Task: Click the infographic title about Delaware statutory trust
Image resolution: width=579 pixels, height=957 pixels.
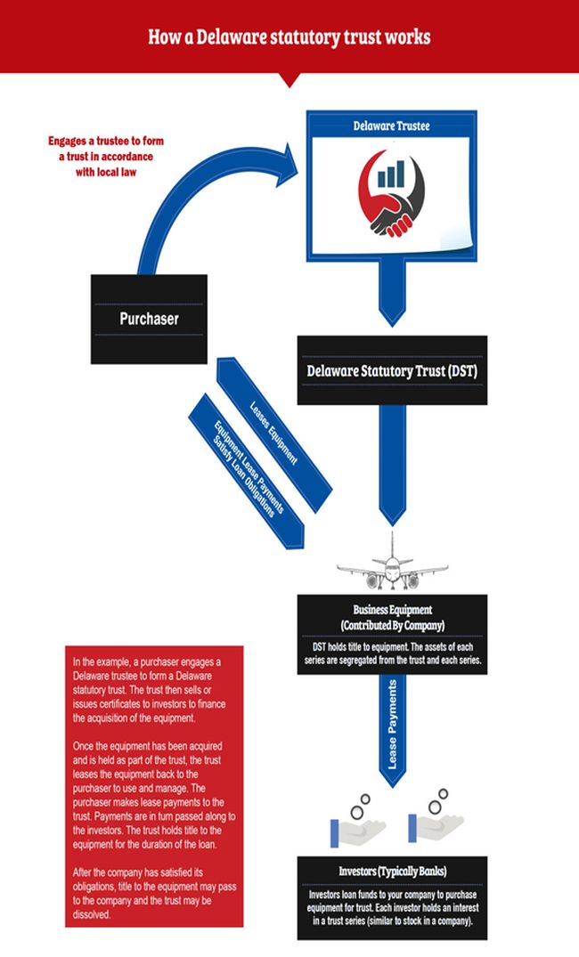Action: pyautogui.click(x=289, y=36)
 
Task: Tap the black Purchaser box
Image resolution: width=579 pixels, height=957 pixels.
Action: pyautogui.click(x=149, y=318)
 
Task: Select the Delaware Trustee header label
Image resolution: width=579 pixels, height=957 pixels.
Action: pyautogui.click(x=391, y=126)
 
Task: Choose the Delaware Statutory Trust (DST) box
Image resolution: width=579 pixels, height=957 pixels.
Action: pyautogui.click(x=391, y=369)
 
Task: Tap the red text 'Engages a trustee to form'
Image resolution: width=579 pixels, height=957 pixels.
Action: pyautogui.click(x=106, y=142)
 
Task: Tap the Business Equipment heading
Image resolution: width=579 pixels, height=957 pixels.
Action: pyautogui.click(x=392, y=617)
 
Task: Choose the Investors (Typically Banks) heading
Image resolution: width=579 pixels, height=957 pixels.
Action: pyautogui.click(x=392, y=872)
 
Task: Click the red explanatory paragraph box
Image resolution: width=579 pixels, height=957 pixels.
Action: pyautogui.click(x=154, y=786)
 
